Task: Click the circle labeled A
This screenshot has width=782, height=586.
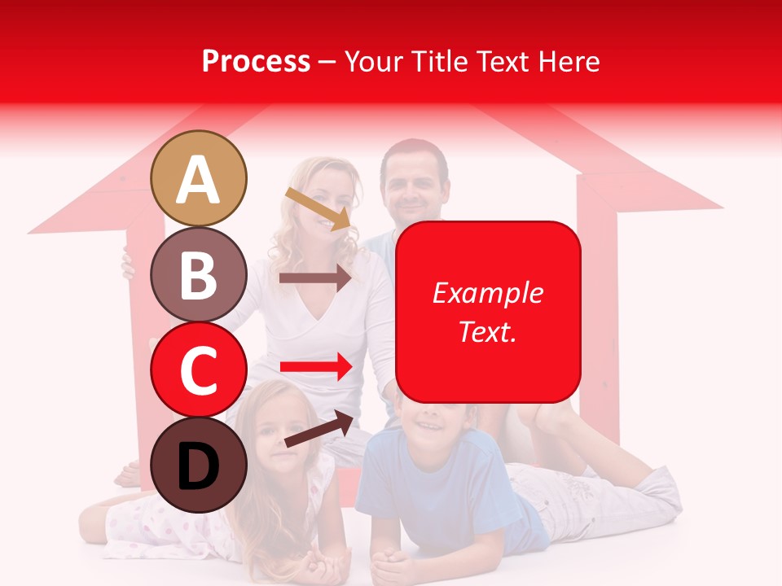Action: [x=199, y=179]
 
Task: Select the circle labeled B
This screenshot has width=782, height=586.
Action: [x=199, y=274]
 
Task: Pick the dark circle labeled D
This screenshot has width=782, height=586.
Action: [x=199, y=465]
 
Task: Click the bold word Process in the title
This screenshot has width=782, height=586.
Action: [x=256, y=61]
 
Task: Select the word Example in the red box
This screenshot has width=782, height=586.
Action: [x=487, y=293]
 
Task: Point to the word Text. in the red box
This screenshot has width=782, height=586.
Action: [x=487, y=331]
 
